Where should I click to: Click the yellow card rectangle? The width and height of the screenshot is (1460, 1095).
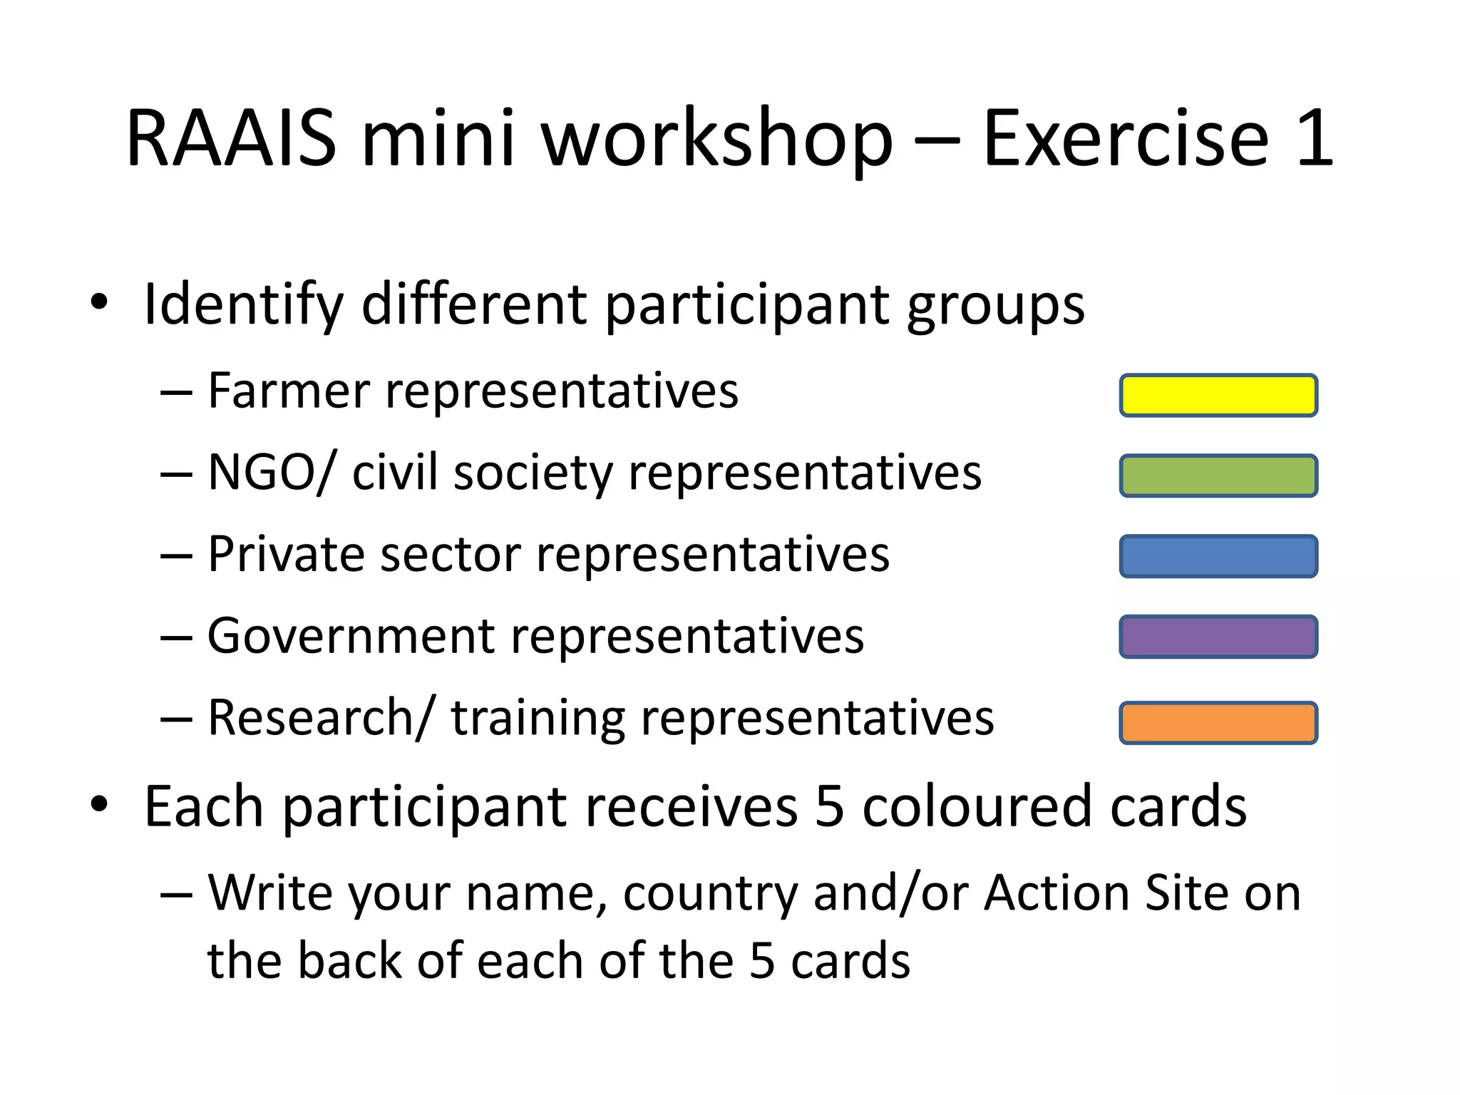[1218, 395]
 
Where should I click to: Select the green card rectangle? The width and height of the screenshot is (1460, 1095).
[1218, 475]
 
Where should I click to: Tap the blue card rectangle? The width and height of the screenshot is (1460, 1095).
[1218, 556]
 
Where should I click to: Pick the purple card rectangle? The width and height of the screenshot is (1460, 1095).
[1218, 637]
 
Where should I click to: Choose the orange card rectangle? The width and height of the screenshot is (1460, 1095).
[1218, 723]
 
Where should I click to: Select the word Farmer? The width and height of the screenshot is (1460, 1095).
[289, 391]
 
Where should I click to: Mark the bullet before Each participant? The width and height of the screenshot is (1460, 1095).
[99, 804]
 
